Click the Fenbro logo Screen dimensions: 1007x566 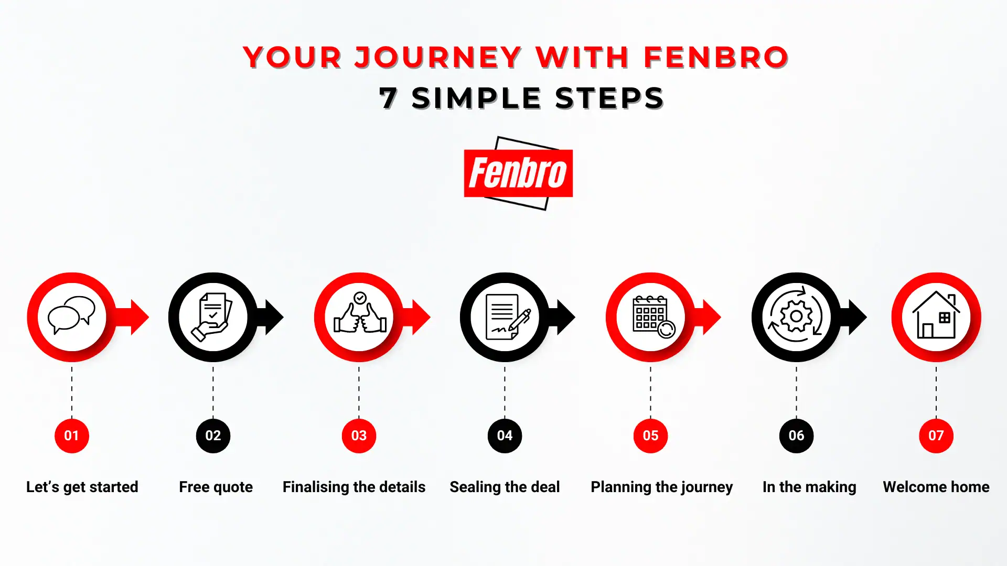click(518, 173)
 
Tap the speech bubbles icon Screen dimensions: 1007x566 click(72, 315)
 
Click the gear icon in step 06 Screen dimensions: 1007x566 click(796, 316)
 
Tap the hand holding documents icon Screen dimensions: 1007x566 click(212, 317)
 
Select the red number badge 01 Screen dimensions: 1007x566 click(72, 436)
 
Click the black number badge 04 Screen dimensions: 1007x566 click(505, 436)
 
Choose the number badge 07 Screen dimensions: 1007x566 click(936, 436)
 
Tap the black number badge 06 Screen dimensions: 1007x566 click(796, 436)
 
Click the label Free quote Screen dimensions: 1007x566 click(216, 487)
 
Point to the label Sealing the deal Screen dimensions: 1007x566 click(505, 487)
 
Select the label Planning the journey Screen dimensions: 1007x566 click(661, 487)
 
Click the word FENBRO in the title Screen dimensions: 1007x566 click(716, 57)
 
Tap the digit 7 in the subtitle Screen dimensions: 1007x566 click(388, 98)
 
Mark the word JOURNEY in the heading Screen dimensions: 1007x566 click(438, 57)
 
